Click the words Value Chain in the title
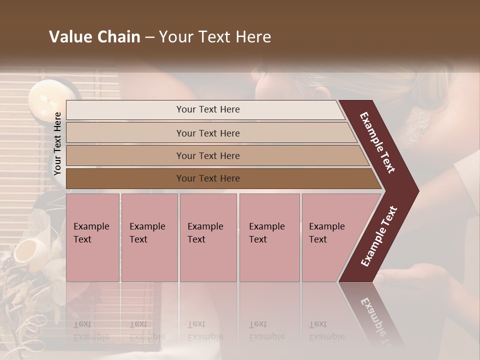tap(94, 37)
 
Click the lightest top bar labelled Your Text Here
tap(207, 109)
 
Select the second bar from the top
tap(207, 133)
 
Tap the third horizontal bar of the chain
tap(207, 156)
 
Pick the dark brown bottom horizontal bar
tap(207, 178)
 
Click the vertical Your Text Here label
tap(57, 143)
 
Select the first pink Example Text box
tap(92, 237)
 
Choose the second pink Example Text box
tap(149, 237)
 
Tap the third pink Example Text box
tap(208, 237)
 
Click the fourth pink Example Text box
tap(269, 237)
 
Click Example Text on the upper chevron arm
tap(378, 143)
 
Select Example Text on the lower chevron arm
tap(378, 236)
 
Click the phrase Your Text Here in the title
tap(215, 37)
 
